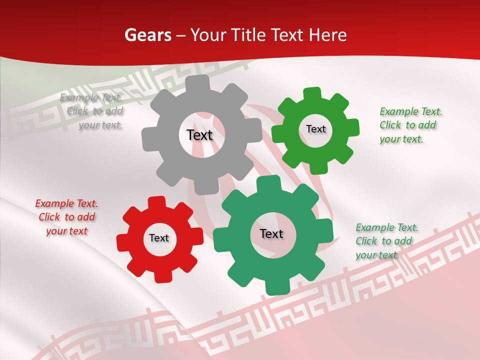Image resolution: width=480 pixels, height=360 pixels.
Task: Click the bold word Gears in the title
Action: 148,35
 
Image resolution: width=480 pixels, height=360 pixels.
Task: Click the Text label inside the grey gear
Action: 199,135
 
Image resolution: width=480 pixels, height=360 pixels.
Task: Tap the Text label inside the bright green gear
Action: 315,129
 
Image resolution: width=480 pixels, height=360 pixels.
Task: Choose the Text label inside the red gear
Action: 159,238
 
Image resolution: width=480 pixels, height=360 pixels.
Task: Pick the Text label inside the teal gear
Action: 271,233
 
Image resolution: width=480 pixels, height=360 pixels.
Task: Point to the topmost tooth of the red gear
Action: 155,202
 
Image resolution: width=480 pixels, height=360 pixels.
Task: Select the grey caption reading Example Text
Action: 90,97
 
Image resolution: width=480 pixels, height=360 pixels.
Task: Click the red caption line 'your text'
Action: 66,231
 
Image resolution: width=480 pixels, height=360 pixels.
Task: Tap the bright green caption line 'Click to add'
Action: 407,125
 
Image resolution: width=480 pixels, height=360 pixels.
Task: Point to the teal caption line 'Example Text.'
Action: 387,227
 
